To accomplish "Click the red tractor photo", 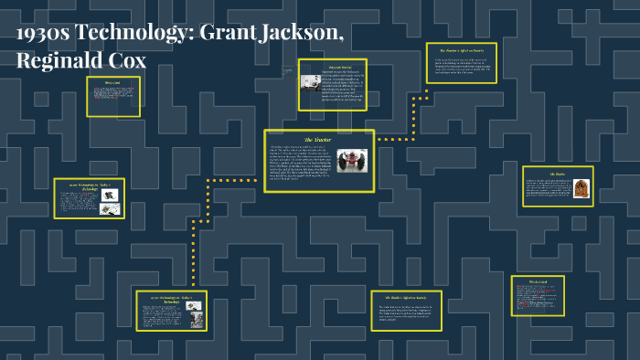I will pos(352,161).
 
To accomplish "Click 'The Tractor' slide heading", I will pos(320,139).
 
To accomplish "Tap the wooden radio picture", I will pos(579,189).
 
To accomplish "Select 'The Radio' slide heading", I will pos(557,174).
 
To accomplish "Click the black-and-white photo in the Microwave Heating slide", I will pos(312,83).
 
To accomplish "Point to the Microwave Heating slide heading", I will pos(333,67).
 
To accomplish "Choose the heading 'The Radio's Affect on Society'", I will pos(406,298).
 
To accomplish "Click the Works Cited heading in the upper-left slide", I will pos(113,84).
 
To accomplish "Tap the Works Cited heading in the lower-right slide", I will pos(538,281).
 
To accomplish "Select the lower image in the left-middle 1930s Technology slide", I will pos(111,208).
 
